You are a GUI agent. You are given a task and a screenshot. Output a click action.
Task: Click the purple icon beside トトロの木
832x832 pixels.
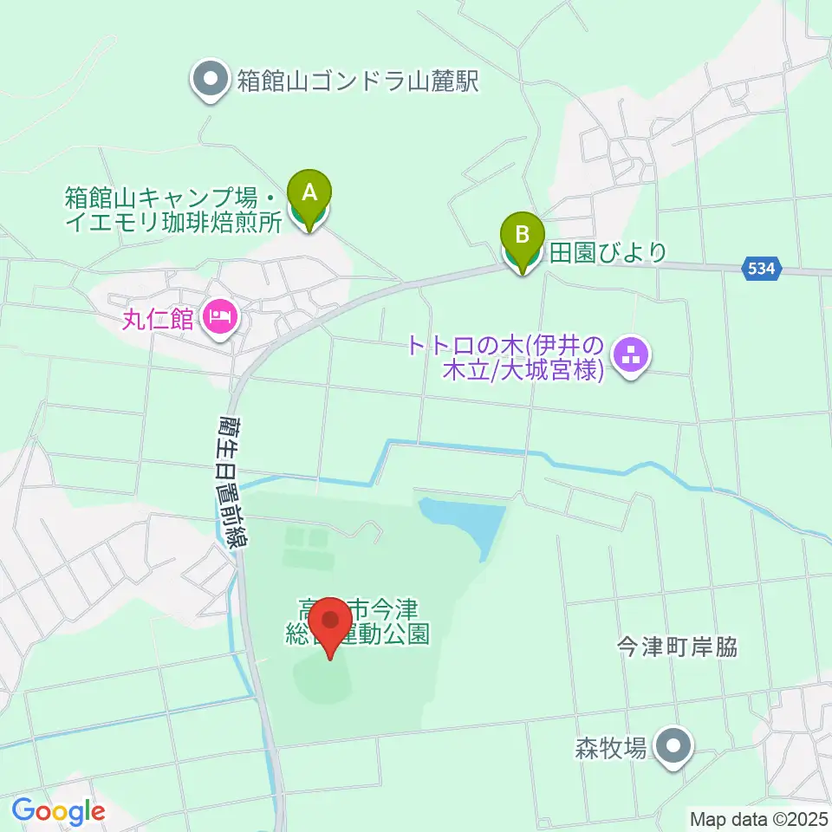click(632, 355)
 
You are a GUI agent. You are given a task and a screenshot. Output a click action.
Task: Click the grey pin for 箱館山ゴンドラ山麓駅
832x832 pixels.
click(211, 81)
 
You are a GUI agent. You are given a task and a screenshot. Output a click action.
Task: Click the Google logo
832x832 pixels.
click(58, 811)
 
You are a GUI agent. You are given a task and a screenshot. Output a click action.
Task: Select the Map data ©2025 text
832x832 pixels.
click(758, 818)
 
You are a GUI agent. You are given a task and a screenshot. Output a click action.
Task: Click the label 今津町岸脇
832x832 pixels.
click(677, 647)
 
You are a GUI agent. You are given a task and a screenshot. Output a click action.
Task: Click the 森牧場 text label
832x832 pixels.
click(611, 747)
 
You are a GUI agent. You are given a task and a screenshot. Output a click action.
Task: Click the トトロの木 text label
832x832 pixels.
click(504, 356)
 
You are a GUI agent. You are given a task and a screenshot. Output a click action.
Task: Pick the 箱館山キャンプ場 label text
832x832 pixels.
click(173, 209)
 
